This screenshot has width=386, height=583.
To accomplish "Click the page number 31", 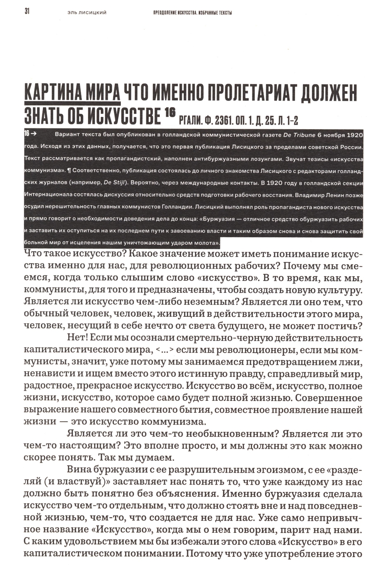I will click(x=27, y=12).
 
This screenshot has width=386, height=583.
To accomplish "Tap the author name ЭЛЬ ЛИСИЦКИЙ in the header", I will click(x=87, y=13).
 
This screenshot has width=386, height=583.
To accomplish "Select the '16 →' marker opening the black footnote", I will click(x=30, y=134).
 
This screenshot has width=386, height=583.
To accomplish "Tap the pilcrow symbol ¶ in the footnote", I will click(x=69, y=170).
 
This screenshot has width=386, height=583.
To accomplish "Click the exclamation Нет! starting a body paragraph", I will click(x=78, y=339).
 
